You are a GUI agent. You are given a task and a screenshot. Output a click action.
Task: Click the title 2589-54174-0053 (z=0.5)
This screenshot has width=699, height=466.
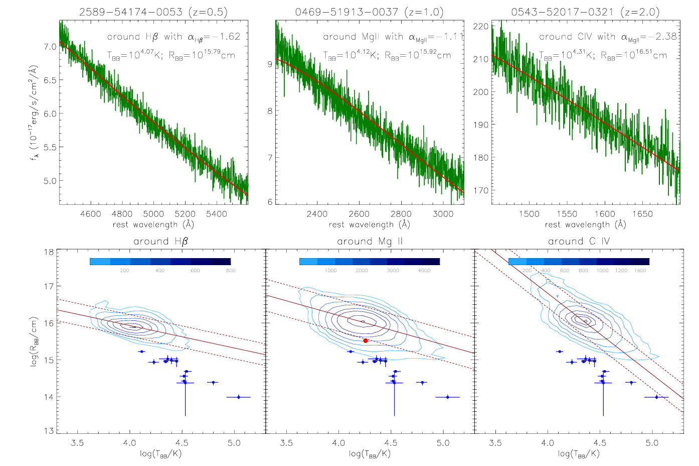tap(153, 12)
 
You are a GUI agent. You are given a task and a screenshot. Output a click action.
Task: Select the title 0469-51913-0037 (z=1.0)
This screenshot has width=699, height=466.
tap(370, 12)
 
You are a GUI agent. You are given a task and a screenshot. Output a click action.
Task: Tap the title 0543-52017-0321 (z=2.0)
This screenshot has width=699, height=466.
tap(585, 12)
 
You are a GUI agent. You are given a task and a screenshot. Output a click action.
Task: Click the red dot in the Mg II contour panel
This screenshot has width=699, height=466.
tap(366, 340)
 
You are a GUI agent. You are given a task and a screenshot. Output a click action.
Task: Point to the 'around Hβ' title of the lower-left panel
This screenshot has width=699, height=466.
tap(160, 242)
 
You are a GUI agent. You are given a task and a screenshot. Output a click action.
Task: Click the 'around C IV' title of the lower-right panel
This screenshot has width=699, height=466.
tap(579, 242)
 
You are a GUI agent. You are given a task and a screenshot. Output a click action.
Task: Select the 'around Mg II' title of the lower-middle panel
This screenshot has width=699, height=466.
tap(370, 242)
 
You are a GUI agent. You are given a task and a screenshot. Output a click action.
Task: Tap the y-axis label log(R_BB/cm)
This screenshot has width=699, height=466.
tap(34, 341)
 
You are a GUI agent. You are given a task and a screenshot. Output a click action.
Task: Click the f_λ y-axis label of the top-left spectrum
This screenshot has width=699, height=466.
tap(34, 112)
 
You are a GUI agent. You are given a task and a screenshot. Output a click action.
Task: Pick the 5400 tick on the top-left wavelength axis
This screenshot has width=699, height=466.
tap(217, 214)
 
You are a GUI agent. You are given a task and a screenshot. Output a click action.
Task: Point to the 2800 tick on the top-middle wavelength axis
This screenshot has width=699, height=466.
tap(401, 214)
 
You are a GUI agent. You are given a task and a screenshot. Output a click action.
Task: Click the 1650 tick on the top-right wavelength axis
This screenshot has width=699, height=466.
tap(642, 214)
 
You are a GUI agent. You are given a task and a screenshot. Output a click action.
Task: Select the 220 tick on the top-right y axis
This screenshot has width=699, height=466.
tap(480, 27)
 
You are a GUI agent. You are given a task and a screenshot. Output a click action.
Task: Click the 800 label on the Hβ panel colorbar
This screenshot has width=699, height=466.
tap(230, 271)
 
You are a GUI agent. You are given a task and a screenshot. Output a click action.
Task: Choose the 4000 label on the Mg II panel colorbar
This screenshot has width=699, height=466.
tap(424, 271)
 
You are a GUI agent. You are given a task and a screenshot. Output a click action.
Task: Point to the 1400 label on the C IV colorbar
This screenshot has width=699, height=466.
tap(640, 271)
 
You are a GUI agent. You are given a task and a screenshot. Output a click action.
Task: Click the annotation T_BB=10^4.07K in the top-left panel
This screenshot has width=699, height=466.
tap(134, 56)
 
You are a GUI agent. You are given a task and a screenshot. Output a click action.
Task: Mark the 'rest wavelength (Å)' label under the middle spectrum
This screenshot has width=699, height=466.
tap(370, 224)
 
